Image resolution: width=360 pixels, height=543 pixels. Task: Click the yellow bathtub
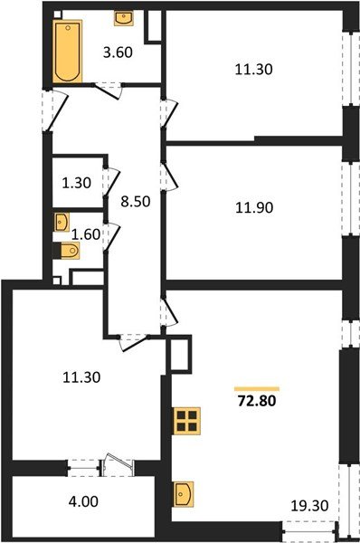click(67, 52)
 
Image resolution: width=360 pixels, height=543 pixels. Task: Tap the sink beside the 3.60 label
click(122, 18)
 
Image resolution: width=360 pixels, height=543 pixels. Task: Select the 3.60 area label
click(118, 52)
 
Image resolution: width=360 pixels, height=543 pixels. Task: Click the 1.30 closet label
click(76, 182)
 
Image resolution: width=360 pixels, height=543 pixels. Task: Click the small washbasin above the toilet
click(62, 221)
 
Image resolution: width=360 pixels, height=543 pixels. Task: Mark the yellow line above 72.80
click(257, 386)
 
